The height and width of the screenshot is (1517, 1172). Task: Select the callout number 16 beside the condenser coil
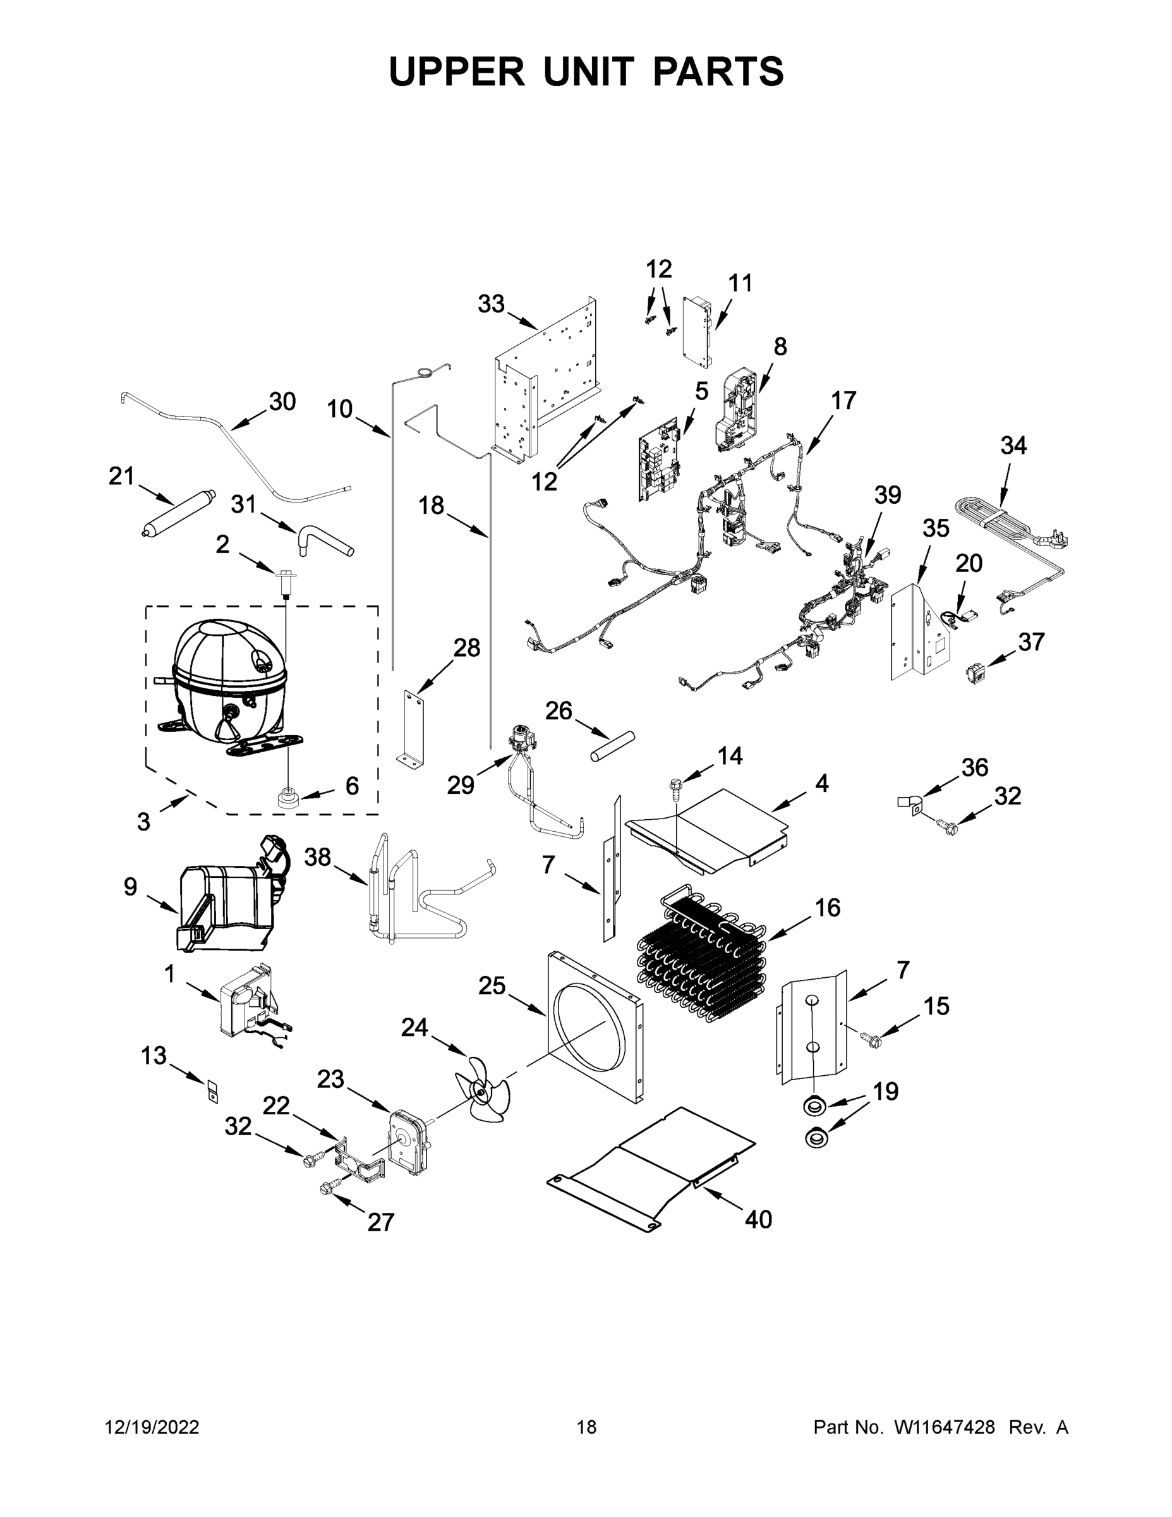[828, 907]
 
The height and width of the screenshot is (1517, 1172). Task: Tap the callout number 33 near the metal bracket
[491, 303]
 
